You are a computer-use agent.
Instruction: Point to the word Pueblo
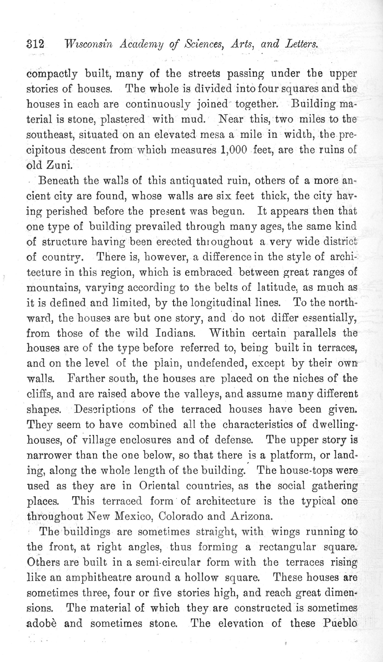tap(340, 623)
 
